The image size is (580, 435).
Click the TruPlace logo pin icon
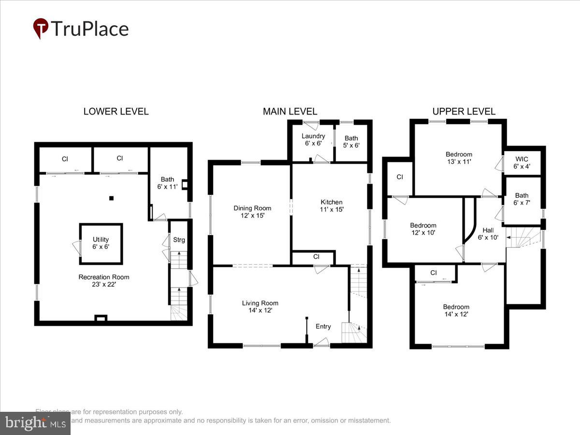(x=41, y=28)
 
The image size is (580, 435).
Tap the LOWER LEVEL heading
(x=116, y=112)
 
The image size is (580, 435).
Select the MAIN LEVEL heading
(x=290, y=112)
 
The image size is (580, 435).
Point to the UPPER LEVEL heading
(x=464, y=112)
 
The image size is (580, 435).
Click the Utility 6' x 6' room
(x=101, y=243)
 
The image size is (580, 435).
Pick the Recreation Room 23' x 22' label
(x=104, y=281)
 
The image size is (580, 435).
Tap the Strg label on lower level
(x=179, y=240)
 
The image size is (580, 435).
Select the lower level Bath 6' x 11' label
(x=168, y=183)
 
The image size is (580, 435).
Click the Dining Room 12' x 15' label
(x=252, y=212)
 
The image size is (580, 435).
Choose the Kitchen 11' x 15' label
(x=332, y=206)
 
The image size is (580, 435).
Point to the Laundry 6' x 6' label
(x=313, y=140)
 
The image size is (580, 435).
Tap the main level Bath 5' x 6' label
(x=351, y=142)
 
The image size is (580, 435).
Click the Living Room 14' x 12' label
(x=260, y=306)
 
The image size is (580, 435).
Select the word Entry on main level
(x=323, y=327)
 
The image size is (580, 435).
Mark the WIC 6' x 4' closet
(x=522, y=162)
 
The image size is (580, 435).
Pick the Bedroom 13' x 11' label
(x=459, y=158)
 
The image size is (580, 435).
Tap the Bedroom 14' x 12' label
(x=456, y=310)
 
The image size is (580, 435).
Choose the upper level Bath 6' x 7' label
(x=522, y=199)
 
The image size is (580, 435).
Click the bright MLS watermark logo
(x=35, y=423)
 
